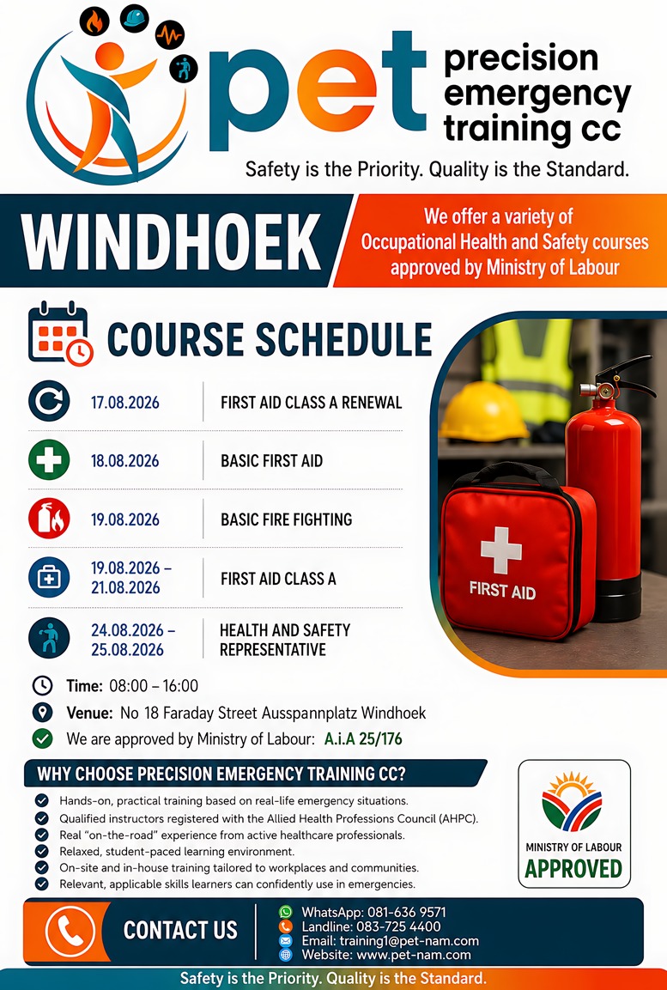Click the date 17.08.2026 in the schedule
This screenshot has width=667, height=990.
coord(125,402)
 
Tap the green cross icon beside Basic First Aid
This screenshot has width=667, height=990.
coord(49,460)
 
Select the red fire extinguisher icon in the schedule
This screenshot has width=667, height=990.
coord(49,519)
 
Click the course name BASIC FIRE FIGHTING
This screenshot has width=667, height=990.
coord(286,519)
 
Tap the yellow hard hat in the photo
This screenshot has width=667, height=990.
coord(484,411)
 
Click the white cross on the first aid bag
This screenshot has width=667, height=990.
coord(501,550)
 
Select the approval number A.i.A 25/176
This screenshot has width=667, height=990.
coord(363,738)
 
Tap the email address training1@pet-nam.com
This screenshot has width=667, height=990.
coord(409,941)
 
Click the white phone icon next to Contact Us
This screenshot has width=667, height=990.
coord(70,930)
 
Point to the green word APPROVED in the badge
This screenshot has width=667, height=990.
coord(573,869)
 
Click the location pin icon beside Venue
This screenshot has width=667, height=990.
coord(42,713)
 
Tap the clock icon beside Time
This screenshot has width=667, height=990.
coord(42,686)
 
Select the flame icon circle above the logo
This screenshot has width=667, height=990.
coord(94,22)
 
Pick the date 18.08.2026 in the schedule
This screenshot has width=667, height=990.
coord(125,461)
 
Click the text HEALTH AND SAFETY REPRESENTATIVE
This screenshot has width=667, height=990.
coord(285,640)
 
